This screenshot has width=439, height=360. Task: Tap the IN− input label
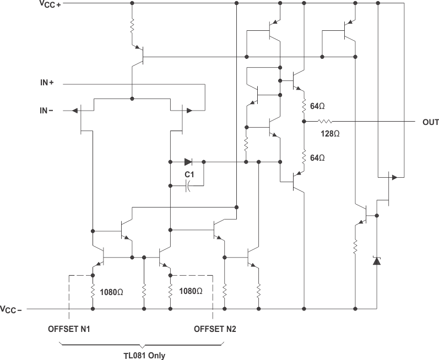[x=46, y=110]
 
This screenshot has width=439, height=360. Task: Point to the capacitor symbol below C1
[x=188, y=187]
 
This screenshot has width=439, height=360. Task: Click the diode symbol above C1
[x=188, y=162]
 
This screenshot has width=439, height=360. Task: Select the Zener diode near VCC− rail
[x=377, y=260]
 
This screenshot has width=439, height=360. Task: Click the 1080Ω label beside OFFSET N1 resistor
[x=112, y=292]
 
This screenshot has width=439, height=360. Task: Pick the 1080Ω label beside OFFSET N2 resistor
[x=188, y=292]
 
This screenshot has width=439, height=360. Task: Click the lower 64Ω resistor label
[x=318, y=158]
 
